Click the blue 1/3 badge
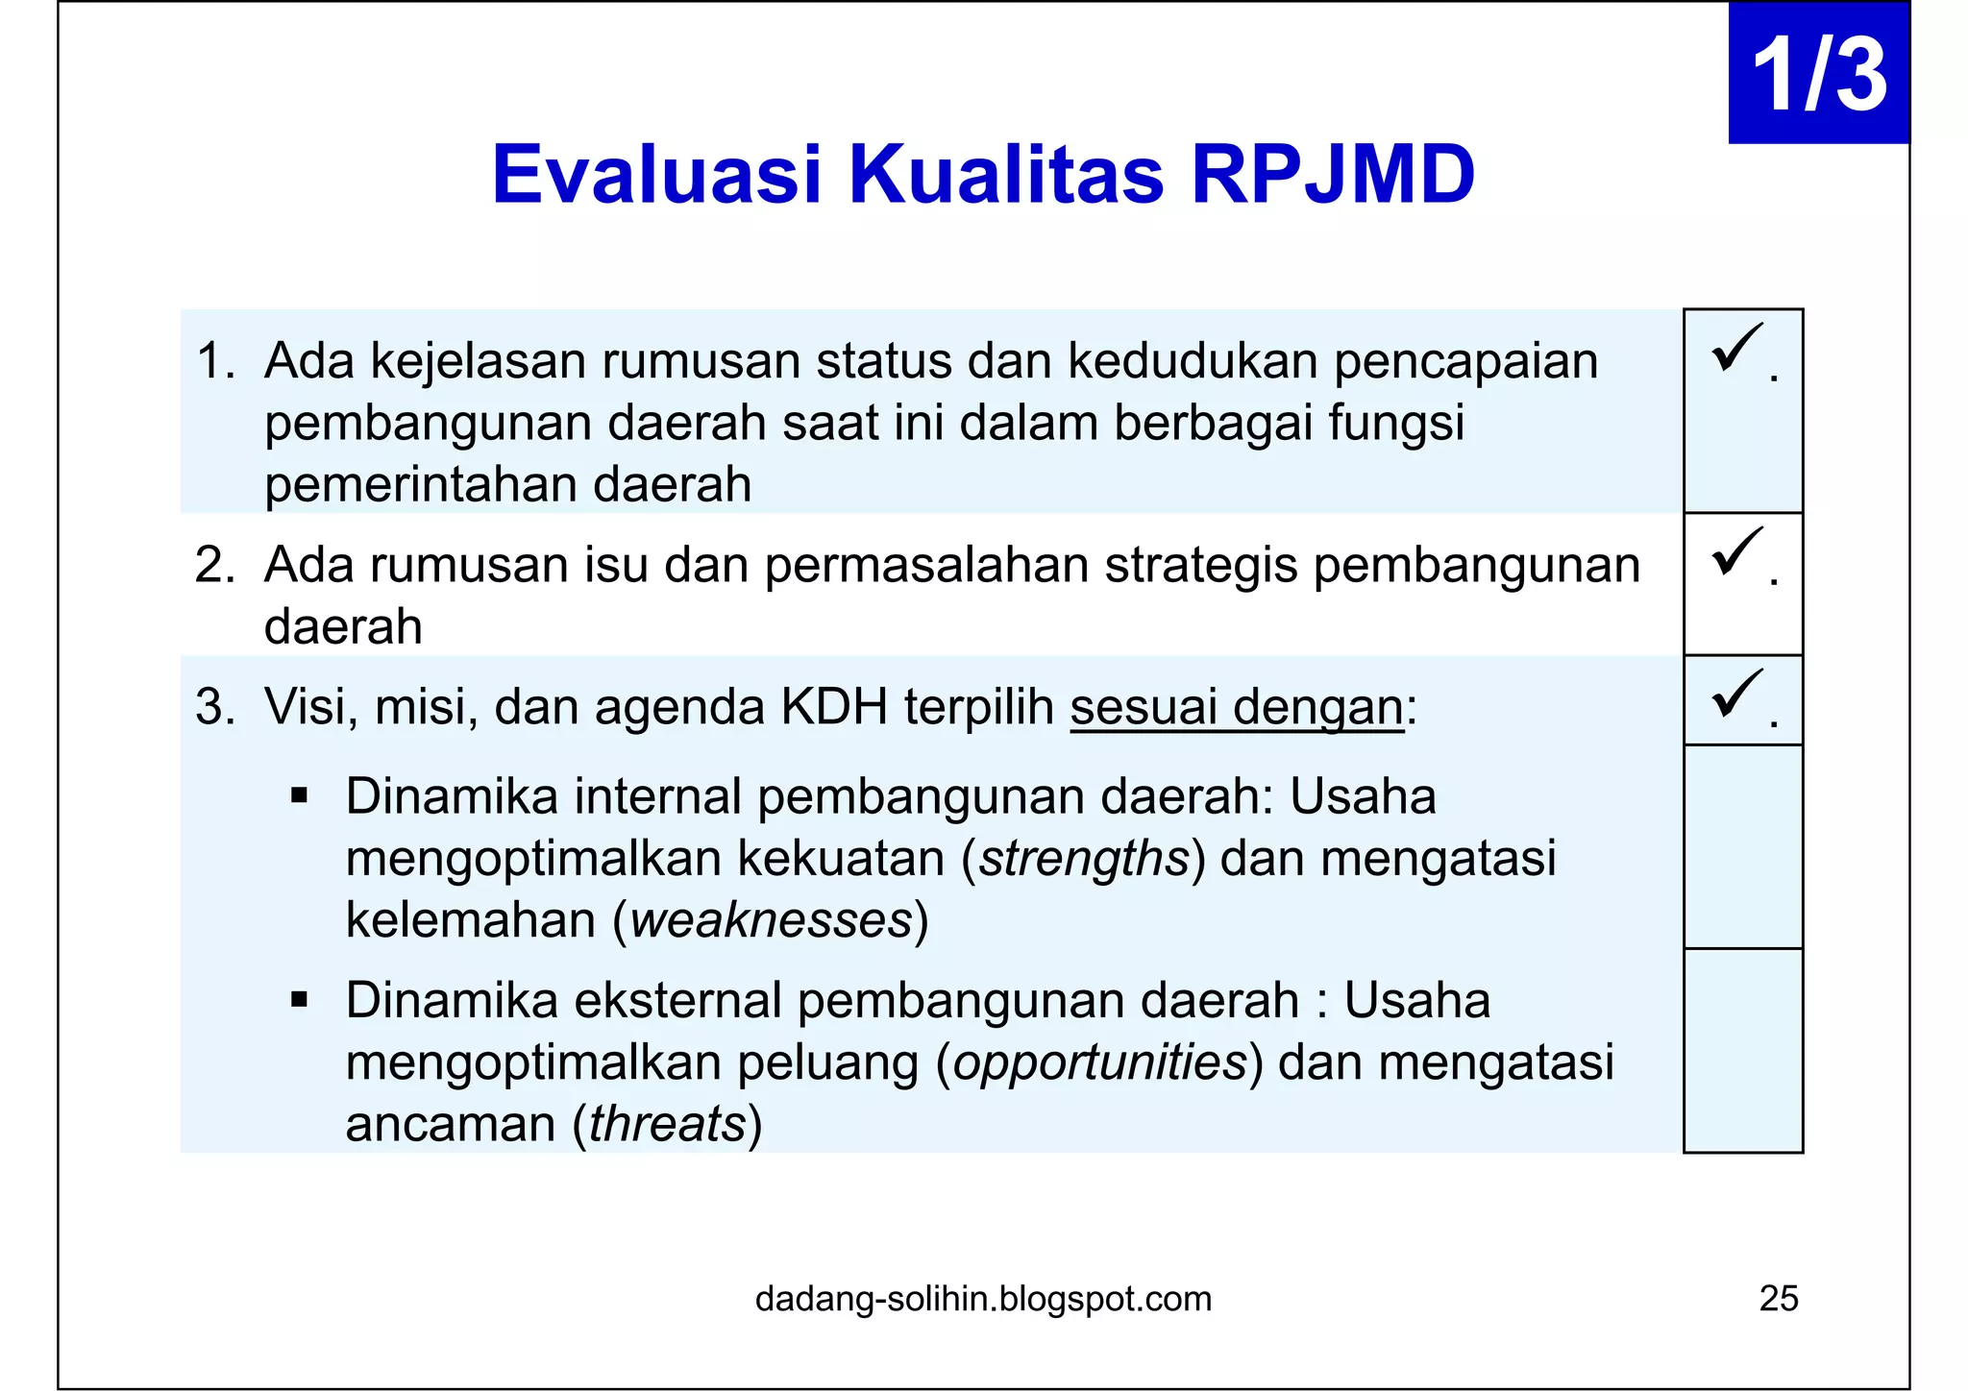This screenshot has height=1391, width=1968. pos(1818,74)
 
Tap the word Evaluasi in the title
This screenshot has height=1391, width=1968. pos(657,175)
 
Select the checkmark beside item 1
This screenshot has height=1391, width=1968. pos(1736,348)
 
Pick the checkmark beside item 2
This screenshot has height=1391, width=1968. pos(1736,552)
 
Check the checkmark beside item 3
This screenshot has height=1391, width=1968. pos(1736,694)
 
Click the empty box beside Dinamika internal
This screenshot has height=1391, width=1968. pos(1742,846)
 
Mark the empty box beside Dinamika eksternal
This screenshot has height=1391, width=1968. pos(1742,1050)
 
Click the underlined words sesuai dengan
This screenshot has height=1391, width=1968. pos(1237,708)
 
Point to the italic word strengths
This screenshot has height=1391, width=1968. pos(1084,859)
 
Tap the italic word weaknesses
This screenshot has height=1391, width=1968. pos(771,920)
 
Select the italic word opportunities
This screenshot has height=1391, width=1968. pos(1099,1063)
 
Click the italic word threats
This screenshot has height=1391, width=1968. pos(667,1124)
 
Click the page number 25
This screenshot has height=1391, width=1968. pos(1778,1299)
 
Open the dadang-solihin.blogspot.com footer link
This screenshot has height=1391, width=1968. pos(983,1299)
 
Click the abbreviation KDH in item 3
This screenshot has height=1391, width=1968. pos(833,708)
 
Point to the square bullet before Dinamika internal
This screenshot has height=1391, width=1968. pos(299,796)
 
